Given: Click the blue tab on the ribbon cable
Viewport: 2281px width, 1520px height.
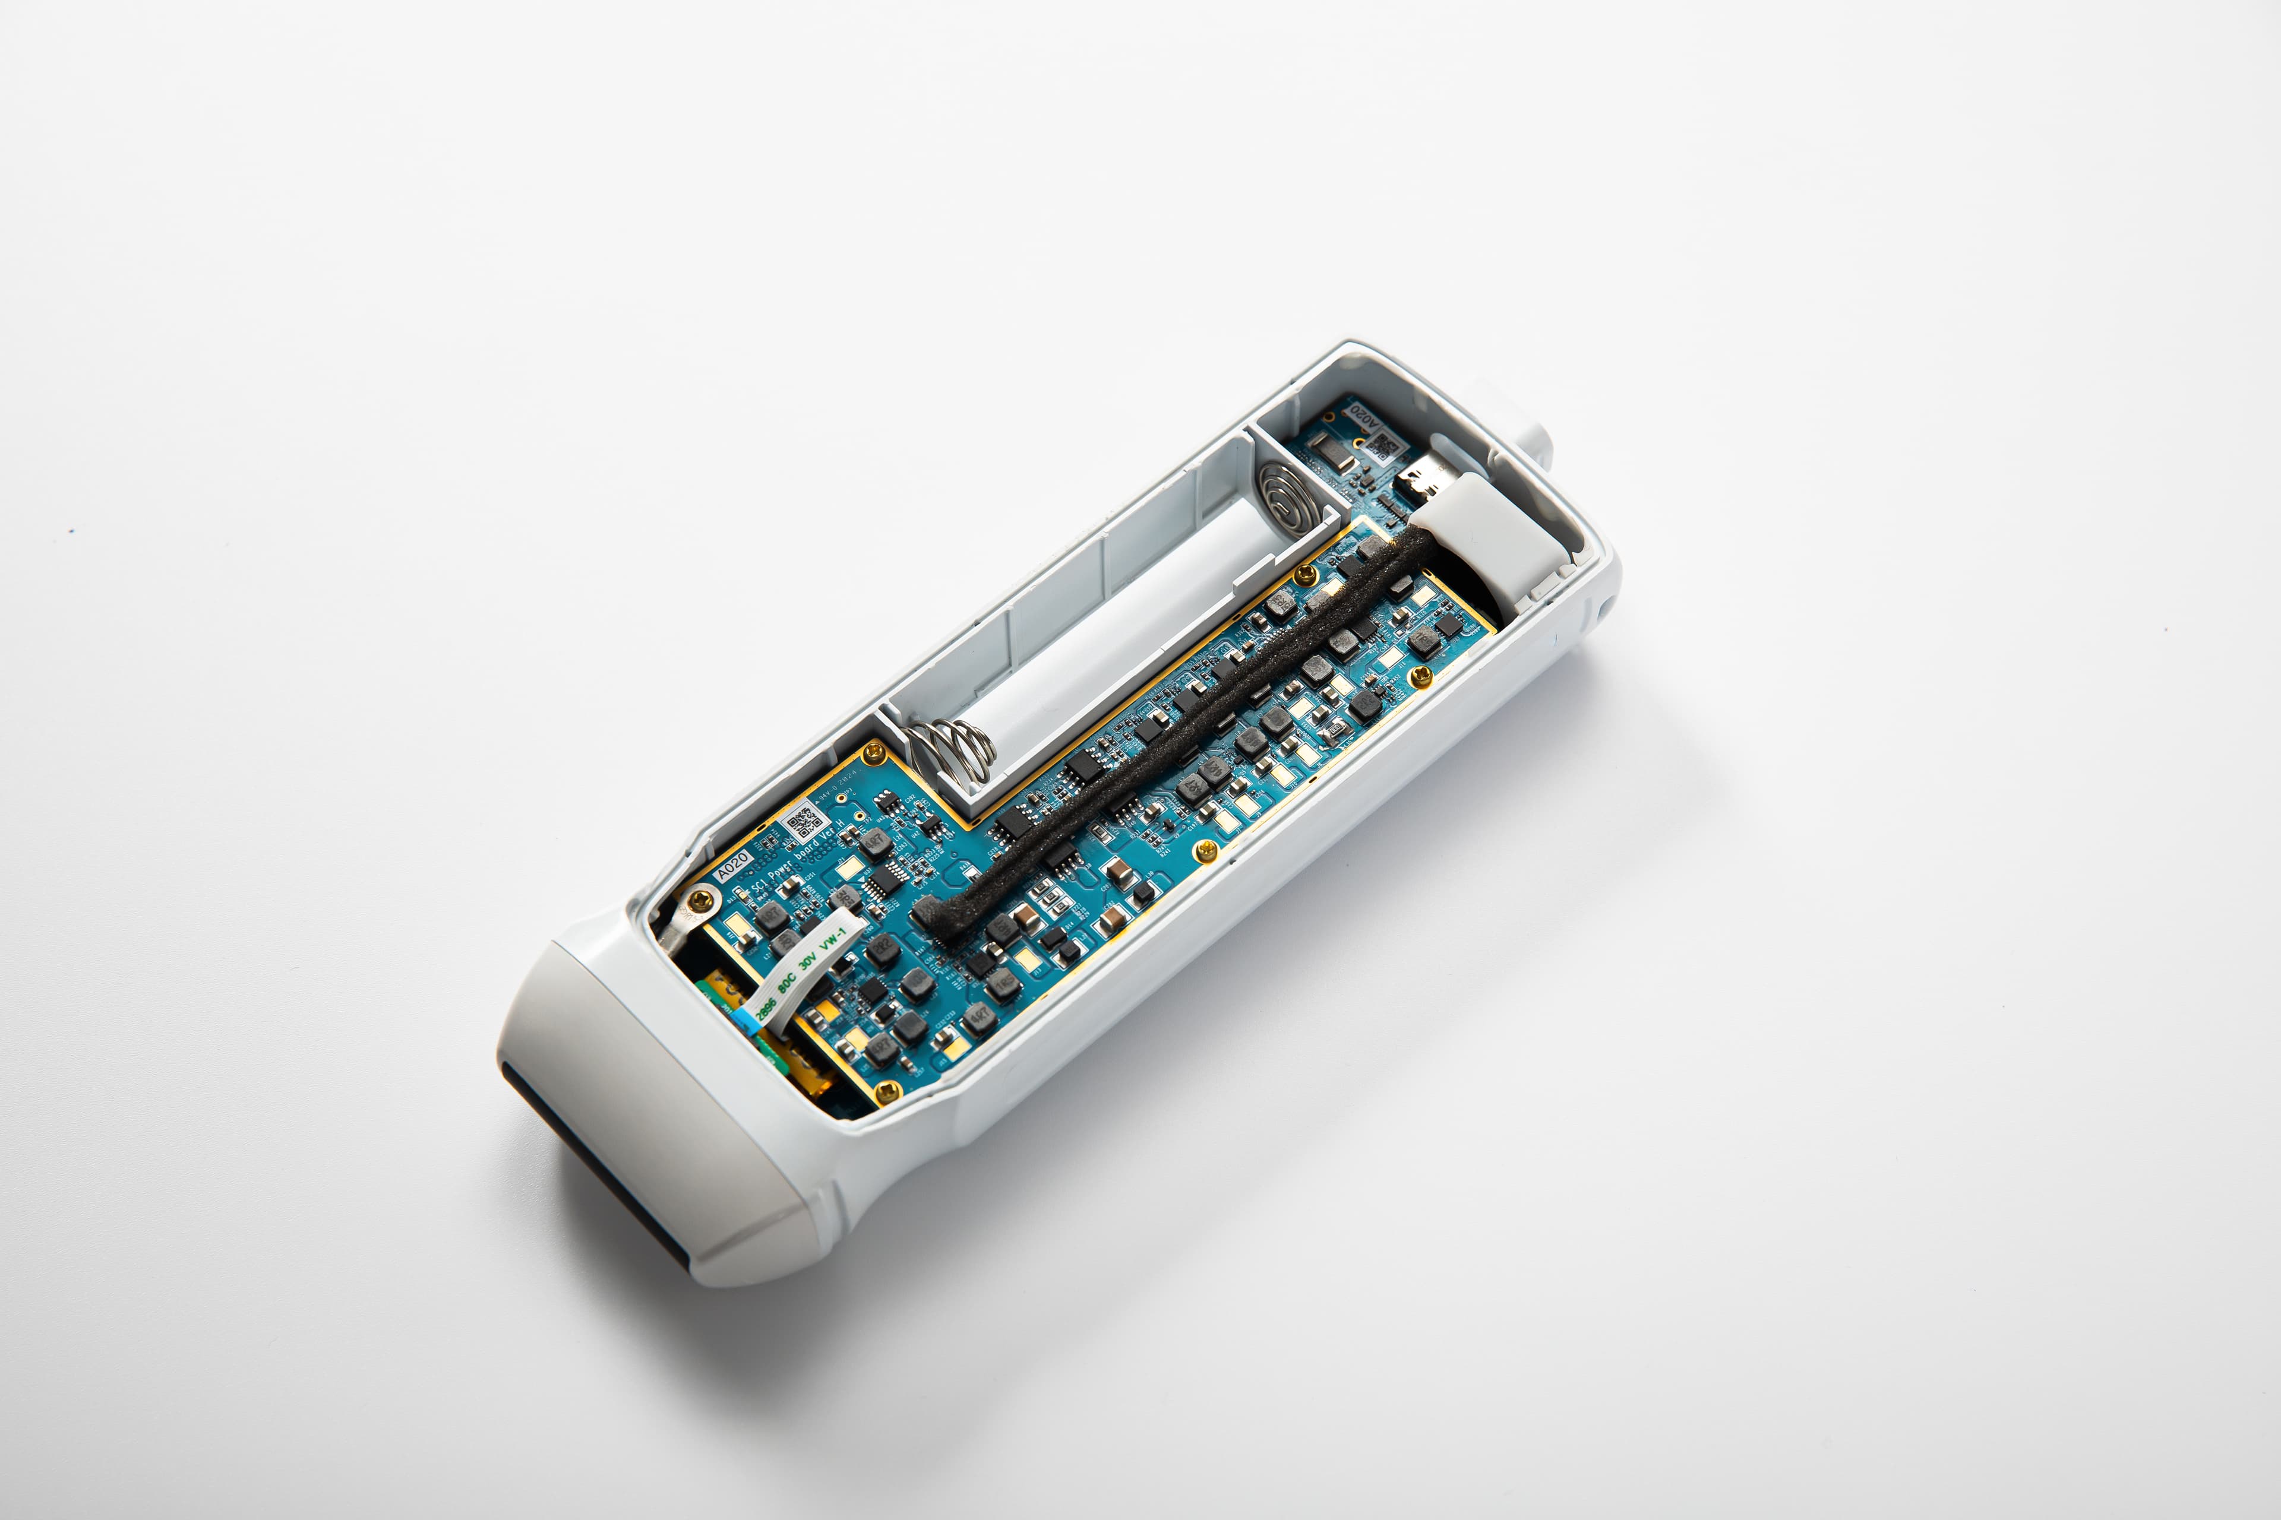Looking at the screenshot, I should tap(747, 1018).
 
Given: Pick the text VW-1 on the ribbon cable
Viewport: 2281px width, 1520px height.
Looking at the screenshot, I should tap(832, 936).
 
